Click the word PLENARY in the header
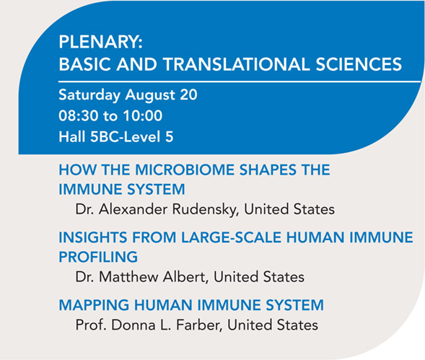pyautogui.click(x=99, y=42)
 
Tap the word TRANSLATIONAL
pyautogui.click(x=237, y=64)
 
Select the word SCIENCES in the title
pyautogui.click(x=359, y=64)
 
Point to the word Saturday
pyautogui.click(x=89, y=95)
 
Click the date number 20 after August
pyautogui.click(x=188, y=95)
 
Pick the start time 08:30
pyautogui.click(x=79, y=115)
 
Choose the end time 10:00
pyautogui.click(x=143, y=115)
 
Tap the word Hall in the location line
pyautogui.click(x=72, y=136)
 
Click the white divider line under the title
pyautogui.click(x=240, y=82)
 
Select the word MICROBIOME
pyautogui.click(x=185, y=170)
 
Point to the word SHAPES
pyautogui.click(x=268, y=170)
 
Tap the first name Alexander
pyautogui.click(x=133, y=209)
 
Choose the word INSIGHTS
pyautogui.click(x=93, y=237)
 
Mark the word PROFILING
pyautogui.click(x=98, y=257)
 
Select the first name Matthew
pyautogui.click(x=128, y=277)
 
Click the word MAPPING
pyautogui.click(x=94, y=305)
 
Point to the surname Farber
pyautogui.click(x=199, y=325)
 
